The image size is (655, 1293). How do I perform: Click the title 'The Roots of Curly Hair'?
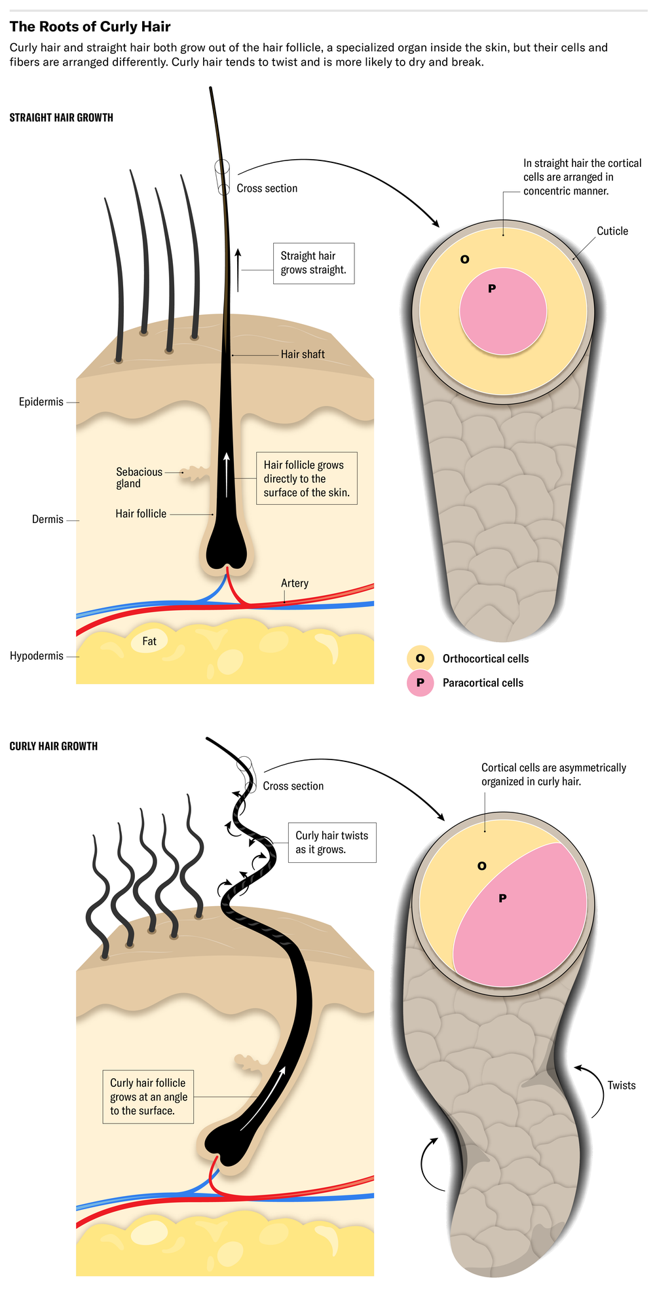point(90,27)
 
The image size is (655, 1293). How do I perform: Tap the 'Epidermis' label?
point(41,402)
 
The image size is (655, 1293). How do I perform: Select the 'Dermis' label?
point(48,520)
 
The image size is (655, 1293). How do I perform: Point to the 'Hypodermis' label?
point(37,656)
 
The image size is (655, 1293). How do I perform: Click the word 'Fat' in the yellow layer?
point(149,642)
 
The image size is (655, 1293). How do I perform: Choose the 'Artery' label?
point(295,583)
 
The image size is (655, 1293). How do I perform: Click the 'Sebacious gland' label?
point(139,478)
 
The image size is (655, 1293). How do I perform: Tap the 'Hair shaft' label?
point(303,355)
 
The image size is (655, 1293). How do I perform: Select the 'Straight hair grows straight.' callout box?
point(314,263)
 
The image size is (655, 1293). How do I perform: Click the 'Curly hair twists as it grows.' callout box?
point(332,843)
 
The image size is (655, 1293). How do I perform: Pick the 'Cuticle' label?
point(612,231)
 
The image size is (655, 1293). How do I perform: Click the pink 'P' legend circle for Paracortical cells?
point(421,683)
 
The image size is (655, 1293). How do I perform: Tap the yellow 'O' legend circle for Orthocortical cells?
point(421,659)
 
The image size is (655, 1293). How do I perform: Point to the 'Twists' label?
point(622,1085)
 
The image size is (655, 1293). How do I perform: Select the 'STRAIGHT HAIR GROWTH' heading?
point(62,118)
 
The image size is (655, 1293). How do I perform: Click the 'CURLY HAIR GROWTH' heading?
point(54,746)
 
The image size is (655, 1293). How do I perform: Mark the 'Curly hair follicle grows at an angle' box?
point(148,1097)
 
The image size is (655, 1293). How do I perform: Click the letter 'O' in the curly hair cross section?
point(482,866)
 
